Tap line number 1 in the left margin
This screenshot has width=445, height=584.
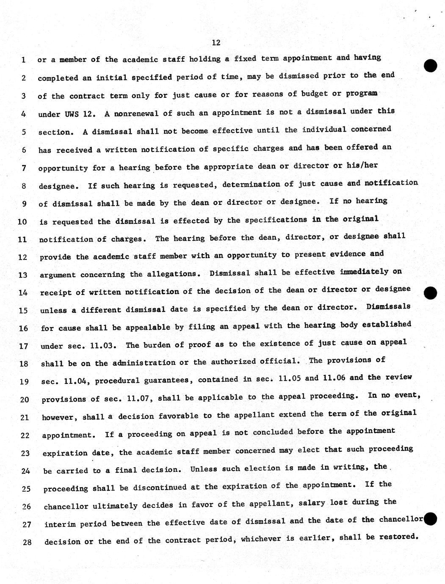click(x=23, y=60)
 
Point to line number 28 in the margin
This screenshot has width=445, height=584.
click(x=27, y=542)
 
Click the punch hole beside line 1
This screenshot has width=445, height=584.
click(x=430, y=65)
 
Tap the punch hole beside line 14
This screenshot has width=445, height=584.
click(x=430, y=292)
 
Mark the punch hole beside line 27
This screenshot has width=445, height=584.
click(x=430, y=518)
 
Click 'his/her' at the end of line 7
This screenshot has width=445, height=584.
click(x=362, y=165)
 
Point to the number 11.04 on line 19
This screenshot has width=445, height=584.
click(x=76, y=381)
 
